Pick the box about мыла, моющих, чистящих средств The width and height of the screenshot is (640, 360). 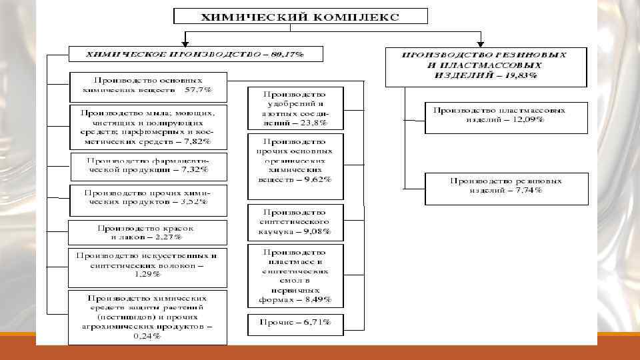click(148, 127)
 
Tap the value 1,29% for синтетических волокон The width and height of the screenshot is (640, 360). click(147, 273)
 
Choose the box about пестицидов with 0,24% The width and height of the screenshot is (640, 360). click(148, 317)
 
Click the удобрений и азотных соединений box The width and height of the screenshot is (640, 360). click(295, 109)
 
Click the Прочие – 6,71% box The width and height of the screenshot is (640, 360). click(295, 323)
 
